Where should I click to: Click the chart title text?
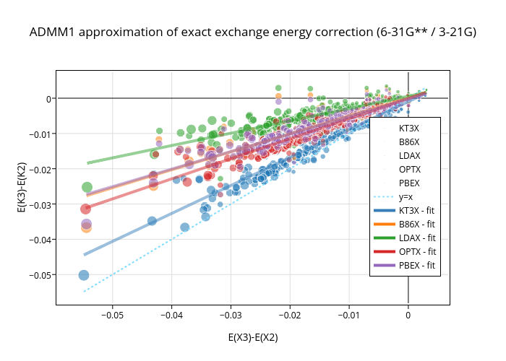pyautogui.click(x=253, y=32)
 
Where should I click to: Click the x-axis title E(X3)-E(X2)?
pyautogui.click(x=253, y=337)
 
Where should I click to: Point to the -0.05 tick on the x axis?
pyautogui.click(x=112, y=315)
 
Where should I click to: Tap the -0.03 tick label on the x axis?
pyautogui.click(x=231, y=315)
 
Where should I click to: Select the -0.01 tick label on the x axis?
pyautogui.click(x=349, y=315)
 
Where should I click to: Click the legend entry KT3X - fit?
pyautogui.click(x=416, y=210)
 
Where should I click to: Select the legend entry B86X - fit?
pyautogui.click(x=416, y=224)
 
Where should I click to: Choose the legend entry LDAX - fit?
pyautogui.click(x=416, y=238)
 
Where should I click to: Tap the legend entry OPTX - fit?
pyautogui.click(x=416, y=251)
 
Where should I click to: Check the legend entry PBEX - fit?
pyautogui.click(x=416, y=265)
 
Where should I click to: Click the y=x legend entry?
pyautogui.click(x=406, y=196)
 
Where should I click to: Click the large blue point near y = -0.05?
pyautogui.click(x=84, y=275)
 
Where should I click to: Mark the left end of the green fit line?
pyautogui.click(x=87, y=163)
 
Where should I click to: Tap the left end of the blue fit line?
pyautogui.click(x=85, y=254)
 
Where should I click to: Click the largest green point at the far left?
pyautogui.click(x=87, y=188)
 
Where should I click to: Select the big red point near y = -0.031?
pyautogui.click(x=86, y=209)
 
